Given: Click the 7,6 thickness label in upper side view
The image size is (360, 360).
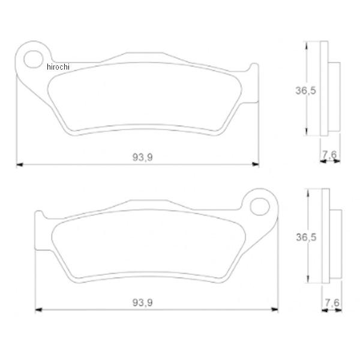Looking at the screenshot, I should click(x=329, y=155).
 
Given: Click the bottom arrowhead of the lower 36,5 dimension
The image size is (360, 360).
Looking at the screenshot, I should click(x=308, y=280).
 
